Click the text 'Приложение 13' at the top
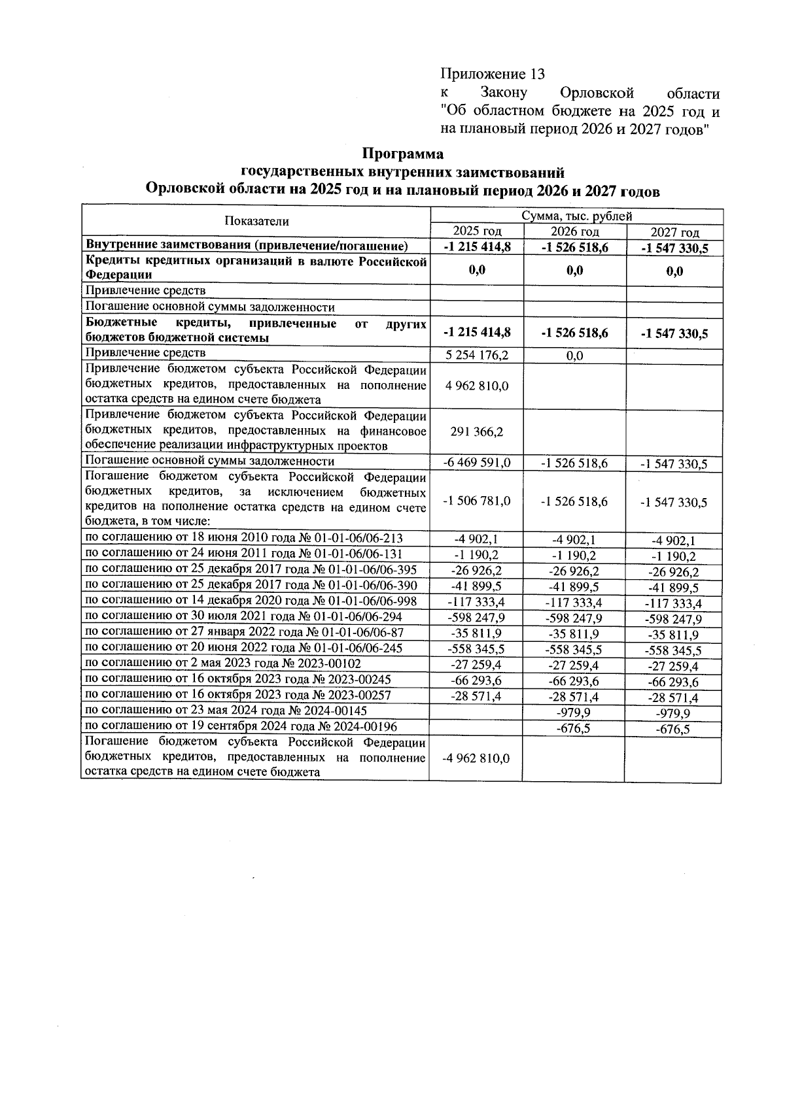(x=492, y=73)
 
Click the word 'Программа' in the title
(x=403, y=154)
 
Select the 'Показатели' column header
(x=256, y=222)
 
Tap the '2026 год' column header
(x=574, y=231)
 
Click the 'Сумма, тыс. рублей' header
(x=576, y=216)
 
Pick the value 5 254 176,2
(x=476, y=355)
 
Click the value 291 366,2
(x=477, y=431)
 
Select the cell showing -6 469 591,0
(x=477, y=463)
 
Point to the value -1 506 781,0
(x=477, y=501)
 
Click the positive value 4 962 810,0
(x=477, y=386)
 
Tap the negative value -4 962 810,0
(x=476, y=758)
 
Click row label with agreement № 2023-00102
(x=223, y=663)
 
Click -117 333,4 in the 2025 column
(x=476, y=601)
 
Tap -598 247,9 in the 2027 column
(x=673, y=619)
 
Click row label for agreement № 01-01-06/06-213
(x=244, y=538)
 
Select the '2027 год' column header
(x=674, y=233)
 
